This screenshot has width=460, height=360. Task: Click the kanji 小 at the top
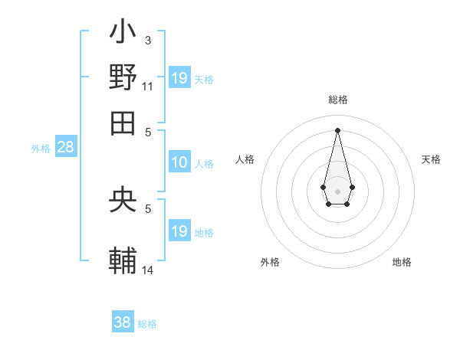(x=123, y=35)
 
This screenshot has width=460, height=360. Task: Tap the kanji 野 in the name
(x=123, y=78)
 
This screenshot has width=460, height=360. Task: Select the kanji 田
(x=123, y=121)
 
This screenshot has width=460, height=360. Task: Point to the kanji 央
(x=123, y=201)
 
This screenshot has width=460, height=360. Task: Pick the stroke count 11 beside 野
(x=147, y=87)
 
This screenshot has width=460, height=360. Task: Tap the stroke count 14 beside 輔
(x=148, y=270)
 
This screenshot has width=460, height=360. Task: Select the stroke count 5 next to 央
(x=148, y=208)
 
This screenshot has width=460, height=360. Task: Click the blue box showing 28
(x=65, y=148)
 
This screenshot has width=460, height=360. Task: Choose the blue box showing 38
(x=123, y=322)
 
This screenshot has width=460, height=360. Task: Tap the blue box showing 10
(x=179, y=162)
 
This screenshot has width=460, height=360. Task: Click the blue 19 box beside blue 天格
(x=179, y=77)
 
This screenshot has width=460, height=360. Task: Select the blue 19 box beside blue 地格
(x=179, y=231)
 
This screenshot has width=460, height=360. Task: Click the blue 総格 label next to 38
(x=147, y=324)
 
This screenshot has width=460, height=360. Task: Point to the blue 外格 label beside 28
(x=40, y=149)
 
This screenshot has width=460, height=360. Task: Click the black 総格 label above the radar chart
(x=338, y=100)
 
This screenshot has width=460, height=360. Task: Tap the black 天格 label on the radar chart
(x=432, y=159)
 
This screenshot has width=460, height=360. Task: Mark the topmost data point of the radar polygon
(x=337, y=129)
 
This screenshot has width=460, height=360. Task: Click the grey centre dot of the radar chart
(x=337, y=191)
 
